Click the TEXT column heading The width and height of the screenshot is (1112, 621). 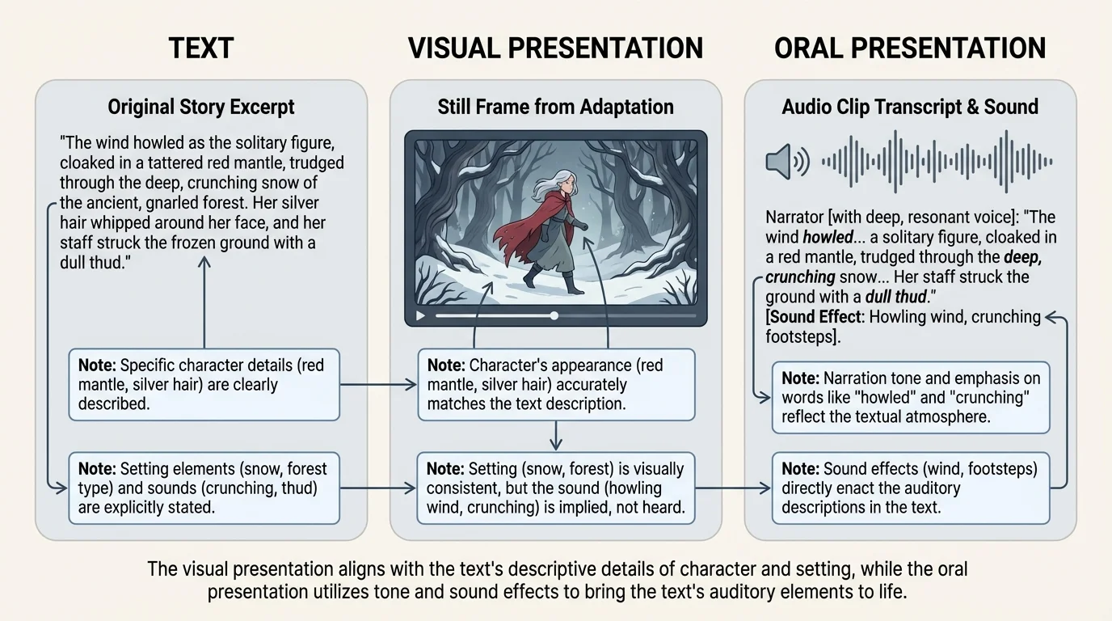click(200, 49)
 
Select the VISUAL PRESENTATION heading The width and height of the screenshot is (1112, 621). click(555, 49)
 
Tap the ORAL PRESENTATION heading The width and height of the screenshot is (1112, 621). click(910, 49)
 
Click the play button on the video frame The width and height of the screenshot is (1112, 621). click(420, 316)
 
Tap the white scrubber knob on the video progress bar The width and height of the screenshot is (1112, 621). click(554, 315)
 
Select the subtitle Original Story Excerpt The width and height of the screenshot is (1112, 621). click(201, 107)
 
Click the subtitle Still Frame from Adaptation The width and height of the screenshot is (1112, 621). click(555, 107)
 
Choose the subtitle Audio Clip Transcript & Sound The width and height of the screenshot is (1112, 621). click(910, 107)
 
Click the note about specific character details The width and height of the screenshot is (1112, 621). click(204, 385)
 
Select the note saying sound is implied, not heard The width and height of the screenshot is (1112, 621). click(555, 488)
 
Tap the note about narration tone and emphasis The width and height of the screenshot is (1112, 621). click(911, 398)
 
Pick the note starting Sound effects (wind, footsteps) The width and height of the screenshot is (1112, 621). click(911, 488)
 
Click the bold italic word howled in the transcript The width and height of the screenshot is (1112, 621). click(828, 238)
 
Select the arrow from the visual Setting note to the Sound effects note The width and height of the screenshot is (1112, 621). click(731, 488)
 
